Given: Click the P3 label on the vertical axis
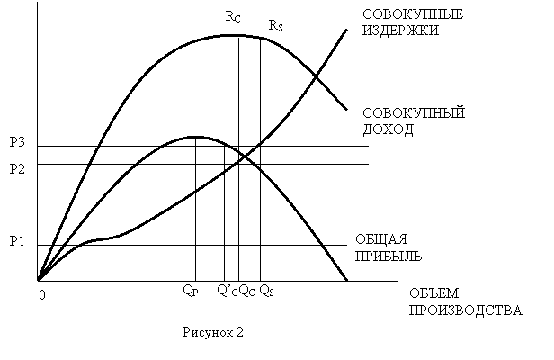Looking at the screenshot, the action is tap(17, 142).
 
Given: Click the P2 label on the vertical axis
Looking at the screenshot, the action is tap(17, 169).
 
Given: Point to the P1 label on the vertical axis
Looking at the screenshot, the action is tap(16, 241).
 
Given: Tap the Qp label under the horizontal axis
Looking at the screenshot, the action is tap(191, 291).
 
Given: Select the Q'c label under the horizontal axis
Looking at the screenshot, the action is tap(228, 291).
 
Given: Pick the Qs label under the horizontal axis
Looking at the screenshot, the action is tap(267, 291).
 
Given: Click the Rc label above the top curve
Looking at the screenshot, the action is tap(233, 16).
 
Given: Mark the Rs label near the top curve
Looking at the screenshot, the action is tap(275, 25).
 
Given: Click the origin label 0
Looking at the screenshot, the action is tap(42, 295).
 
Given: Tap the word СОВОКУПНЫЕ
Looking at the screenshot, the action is tap(413, 14).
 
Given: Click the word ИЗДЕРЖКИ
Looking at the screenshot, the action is tap(401, 31).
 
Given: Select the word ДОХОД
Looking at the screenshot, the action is tap(388, 130).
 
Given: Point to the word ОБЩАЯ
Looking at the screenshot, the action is tap(381, 239).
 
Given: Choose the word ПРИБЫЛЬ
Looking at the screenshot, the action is tap(389, 256).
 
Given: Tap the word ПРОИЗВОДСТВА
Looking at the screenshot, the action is tap(465, 310).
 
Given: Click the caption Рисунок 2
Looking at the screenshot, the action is tap(212, 332).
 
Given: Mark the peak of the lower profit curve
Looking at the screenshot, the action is tap(195, 137).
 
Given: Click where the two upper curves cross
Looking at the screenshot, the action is tap(316, 76).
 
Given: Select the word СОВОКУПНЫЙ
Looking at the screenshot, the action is tap(414, 113).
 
